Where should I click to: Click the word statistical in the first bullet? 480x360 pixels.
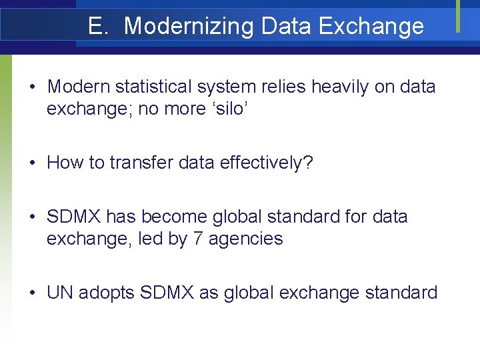tap(151, 87)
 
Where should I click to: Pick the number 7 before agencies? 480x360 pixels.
tap(197, 239)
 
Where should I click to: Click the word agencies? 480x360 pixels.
tap(245, 239)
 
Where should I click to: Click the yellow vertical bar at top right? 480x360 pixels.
tap(458, 15)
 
